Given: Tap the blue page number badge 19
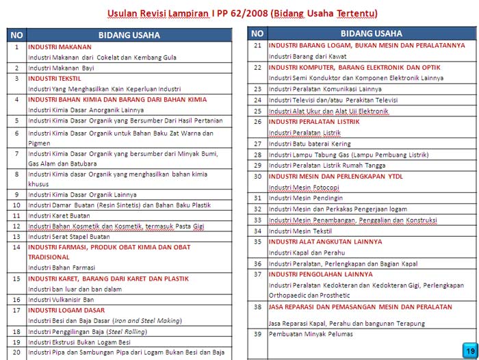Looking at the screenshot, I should coord(470,349).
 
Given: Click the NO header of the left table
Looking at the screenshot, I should coord(16,35).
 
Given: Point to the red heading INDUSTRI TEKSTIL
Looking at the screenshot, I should coord(54,79).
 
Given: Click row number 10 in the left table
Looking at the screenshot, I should coord(16,205).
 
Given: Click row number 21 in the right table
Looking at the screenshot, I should coord(258,46).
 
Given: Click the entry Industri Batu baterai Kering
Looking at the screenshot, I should coord(310,144).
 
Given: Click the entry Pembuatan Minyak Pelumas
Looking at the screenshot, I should coord(311,334).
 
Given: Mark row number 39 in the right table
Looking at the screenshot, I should coord(258,334).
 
